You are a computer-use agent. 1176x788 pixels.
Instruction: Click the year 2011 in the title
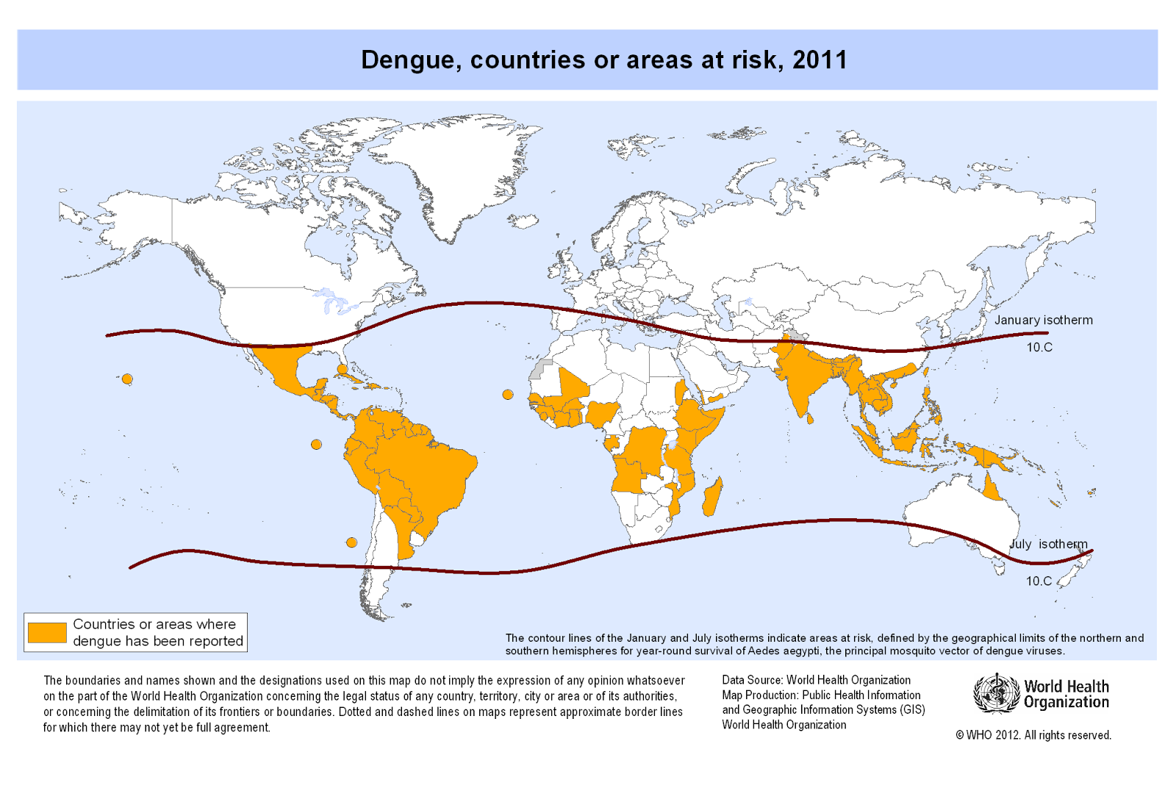(x=820, y=60)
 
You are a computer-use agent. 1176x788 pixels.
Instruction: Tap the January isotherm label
(x=1043, y=320)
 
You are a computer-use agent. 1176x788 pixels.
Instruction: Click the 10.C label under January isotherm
(x=1039, y=347)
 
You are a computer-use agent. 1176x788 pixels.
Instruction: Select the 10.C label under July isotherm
(x=1039, y=581)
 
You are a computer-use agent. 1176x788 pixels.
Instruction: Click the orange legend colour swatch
(x=47, y=632)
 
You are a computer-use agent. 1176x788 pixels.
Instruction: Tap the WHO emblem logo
(x=996, y=693)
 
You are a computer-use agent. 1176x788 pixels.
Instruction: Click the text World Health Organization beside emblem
(x=1066, y=694)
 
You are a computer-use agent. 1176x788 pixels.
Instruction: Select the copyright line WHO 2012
(x=1033, y=735)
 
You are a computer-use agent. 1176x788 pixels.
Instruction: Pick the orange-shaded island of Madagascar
(x=712, y=498)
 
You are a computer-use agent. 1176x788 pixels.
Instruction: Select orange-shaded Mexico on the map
(x=283, y=368)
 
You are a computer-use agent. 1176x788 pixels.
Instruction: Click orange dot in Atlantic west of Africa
(x=508, y=395)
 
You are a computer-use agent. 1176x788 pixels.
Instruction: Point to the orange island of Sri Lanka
(x=811, y=419)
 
